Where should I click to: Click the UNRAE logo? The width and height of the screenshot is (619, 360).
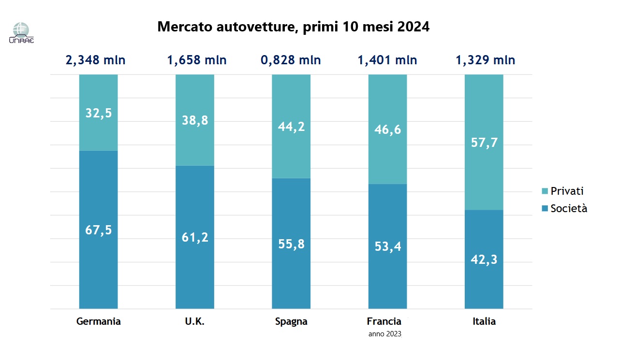[x=21, y=33]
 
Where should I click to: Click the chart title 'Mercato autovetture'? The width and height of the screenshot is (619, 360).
[x=293, y=27]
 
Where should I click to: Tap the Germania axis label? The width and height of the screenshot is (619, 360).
[x=99, y=321]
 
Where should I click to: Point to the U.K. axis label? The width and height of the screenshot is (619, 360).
[x=194, y=321]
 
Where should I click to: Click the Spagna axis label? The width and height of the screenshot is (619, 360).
[x=291, y=321]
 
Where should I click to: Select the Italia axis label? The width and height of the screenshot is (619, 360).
[x=484, y=321]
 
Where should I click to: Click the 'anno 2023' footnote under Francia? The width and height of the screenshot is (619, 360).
[x=384, y=334]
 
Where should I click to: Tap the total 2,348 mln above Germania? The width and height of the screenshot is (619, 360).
[x=95, y=60]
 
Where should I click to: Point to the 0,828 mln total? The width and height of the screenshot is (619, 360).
[x=291, y=60]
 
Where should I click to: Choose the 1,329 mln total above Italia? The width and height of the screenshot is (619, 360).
[x=485, y=60]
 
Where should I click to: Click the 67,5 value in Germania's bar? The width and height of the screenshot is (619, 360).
[x=99, y=230]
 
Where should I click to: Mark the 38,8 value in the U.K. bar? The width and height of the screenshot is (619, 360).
[x=194, y=120]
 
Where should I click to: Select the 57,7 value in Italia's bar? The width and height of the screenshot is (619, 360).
[x=484, y=143]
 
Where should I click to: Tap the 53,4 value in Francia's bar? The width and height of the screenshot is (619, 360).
[x=388, y=246]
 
